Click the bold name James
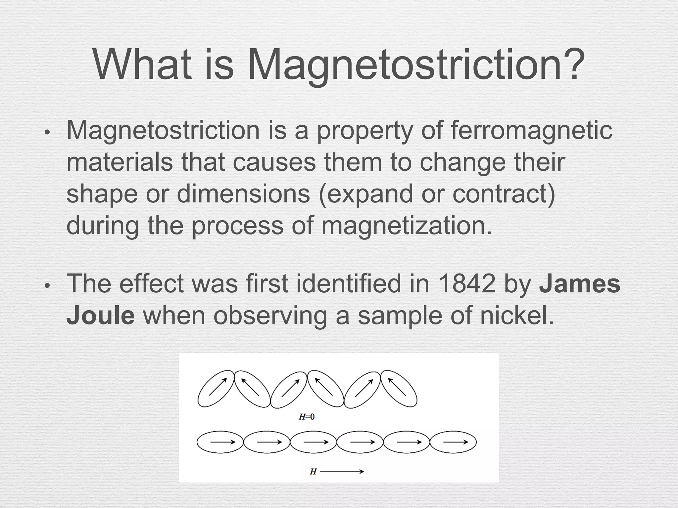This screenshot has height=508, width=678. point(580,284)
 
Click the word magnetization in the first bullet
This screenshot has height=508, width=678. point(407,226)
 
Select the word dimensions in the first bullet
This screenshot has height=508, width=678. point(244,194)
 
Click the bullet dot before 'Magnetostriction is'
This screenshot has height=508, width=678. point(47,133)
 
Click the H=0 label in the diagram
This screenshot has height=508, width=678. point(307,417)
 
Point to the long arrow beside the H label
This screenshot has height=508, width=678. point(342,472)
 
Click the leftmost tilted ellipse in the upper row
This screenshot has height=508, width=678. point(216,389)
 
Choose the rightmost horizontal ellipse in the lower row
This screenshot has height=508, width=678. point(453,442)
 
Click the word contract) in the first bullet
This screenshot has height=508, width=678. point(504,194)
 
